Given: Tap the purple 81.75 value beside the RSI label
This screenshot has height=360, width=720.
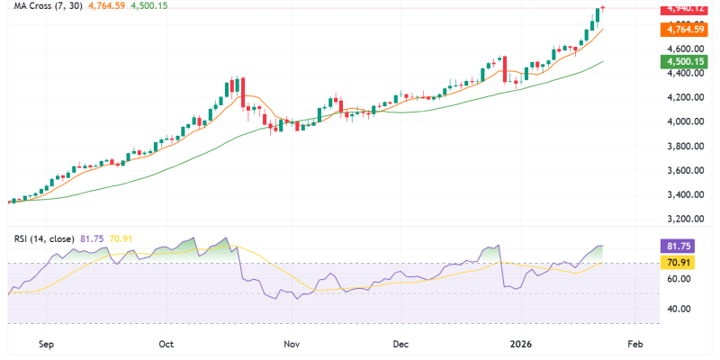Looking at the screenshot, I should point(93,238).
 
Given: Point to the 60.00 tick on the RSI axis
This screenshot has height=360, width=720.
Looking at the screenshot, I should point(679,279).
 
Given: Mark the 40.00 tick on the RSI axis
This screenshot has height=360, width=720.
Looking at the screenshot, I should point(679,309).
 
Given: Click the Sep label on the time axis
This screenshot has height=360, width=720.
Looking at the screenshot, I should point(48,344).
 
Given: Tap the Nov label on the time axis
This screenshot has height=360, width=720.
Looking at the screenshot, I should point(290,344).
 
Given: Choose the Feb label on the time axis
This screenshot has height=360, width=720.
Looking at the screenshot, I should point(634,344).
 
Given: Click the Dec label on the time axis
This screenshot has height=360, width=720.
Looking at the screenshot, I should point(401,344).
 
